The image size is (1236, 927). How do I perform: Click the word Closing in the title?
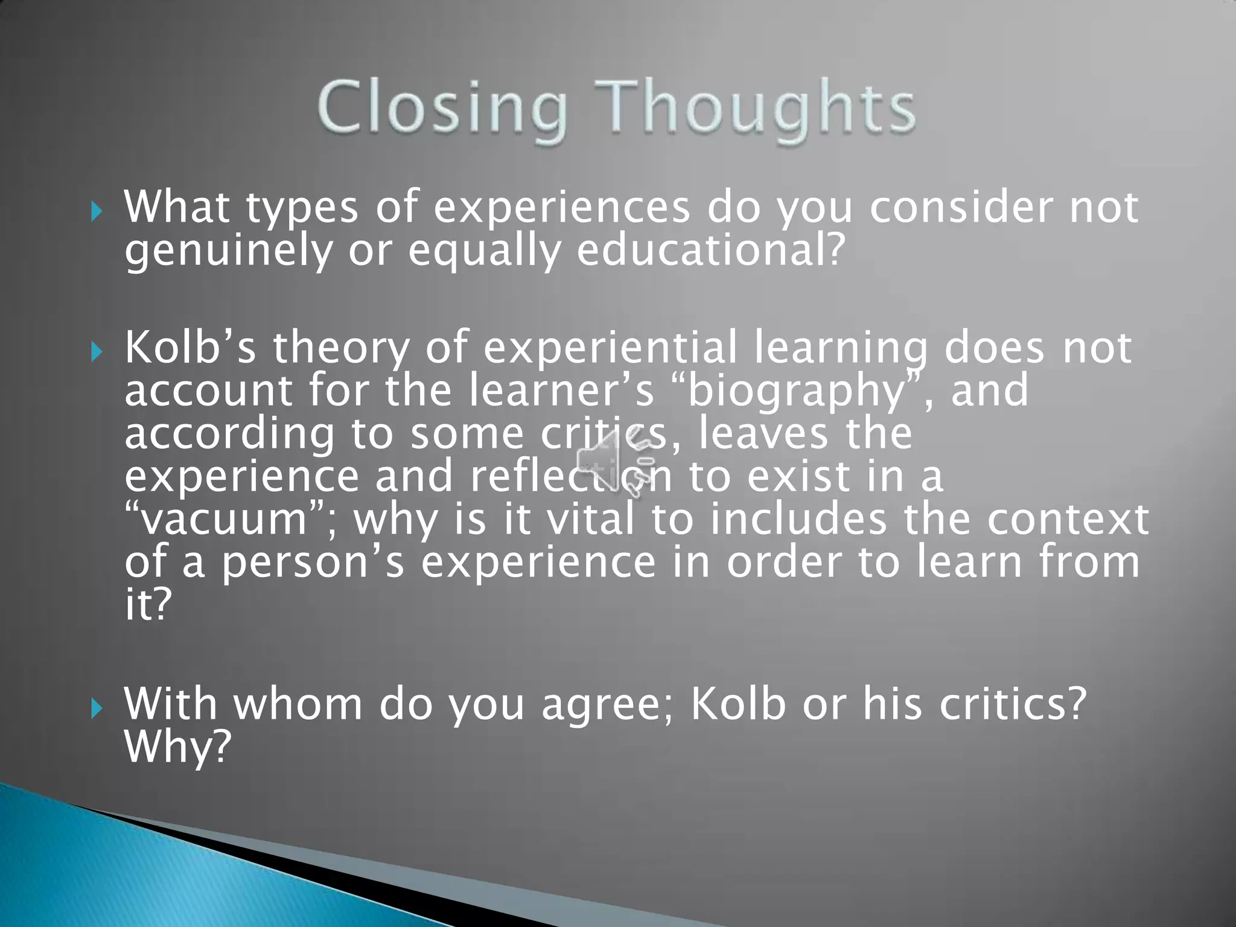tap(442, 109)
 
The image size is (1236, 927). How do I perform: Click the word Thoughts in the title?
tap(756, 109)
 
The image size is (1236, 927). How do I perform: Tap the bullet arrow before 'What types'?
tap(97, 212)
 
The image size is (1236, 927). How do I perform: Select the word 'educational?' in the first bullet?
tap(709, 250)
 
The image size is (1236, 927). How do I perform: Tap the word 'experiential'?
tap(610, 348)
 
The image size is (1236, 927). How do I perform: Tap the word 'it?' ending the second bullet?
tap(148, 605)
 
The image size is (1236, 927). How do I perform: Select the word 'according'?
tap(229, 435)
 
